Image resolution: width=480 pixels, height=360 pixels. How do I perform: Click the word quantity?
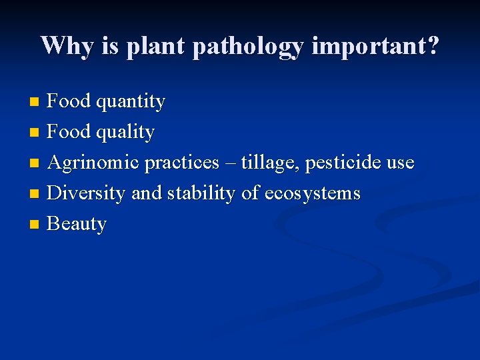131,102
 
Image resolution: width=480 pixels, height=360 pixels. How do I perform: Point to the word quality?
125,133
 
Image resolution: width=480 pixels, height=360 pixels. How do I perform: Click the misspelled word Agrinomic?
93,163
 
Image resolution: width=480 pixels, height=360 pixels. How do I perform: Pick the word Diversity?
86,193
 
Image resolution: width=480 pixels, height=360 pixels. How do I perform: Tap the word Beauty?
77,224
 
